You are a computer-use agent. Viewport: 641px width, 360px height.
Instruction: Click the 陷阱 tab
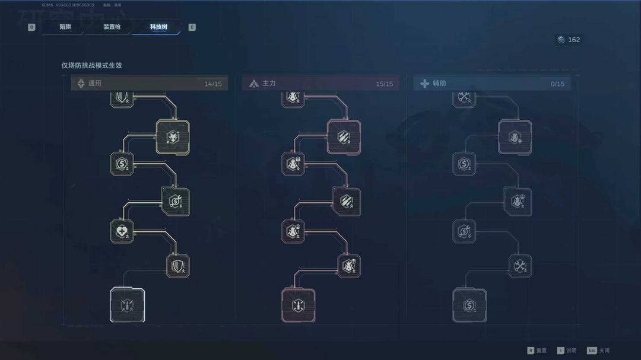(65, 27)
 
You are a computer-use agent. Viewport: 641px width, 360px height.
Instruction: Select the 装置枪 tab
(112, 27)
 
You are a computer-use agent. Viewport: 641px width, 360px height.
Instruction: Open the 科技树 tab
(158, 27)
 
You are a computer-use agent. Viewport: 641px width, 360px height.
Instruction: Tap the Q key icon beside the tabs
(31, 27)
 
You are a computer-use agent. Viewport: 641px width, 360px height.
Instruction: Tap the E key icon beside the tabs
(192, 27)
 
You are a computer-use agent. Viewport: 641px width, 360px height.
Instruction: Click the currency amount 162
(574, 40)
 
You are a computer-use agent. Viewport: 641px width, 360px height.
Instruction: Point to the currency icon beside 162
(561, 40)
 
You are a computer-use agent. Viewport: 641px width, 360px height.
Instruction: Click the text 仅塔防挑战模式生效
(91, 66)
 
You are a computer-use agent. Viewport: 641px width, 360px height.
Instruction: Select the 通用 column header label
(95, 84)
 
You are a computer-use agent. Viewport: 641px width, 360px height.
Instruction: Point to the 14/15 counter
(213, 84)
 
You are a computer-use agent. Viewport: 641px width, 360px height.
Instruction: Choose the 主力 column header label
(269, 84)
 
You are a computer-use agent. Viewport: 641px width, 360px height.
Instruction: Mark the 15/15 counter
(385, 84)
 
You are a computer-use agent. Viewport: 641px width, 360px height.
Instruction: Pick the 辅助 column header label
(439, 84)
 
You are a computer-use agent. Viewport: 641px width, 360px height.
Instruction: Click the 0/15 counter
(557, 84)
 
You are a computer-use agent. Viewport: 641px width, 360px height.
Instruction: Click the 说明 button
(570, 351)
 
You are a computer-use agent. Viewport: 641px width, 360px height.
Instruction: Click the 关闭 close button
(604, 351)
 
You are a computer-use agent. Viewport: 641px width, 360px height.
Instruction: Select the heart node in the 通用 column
(122, 231)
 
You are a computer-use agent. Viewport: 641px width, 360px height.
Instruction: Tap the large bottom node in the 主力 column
(298, 305)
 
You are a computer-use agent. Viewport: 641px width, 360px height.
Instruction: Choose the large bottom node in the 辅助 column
(469, 305)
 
